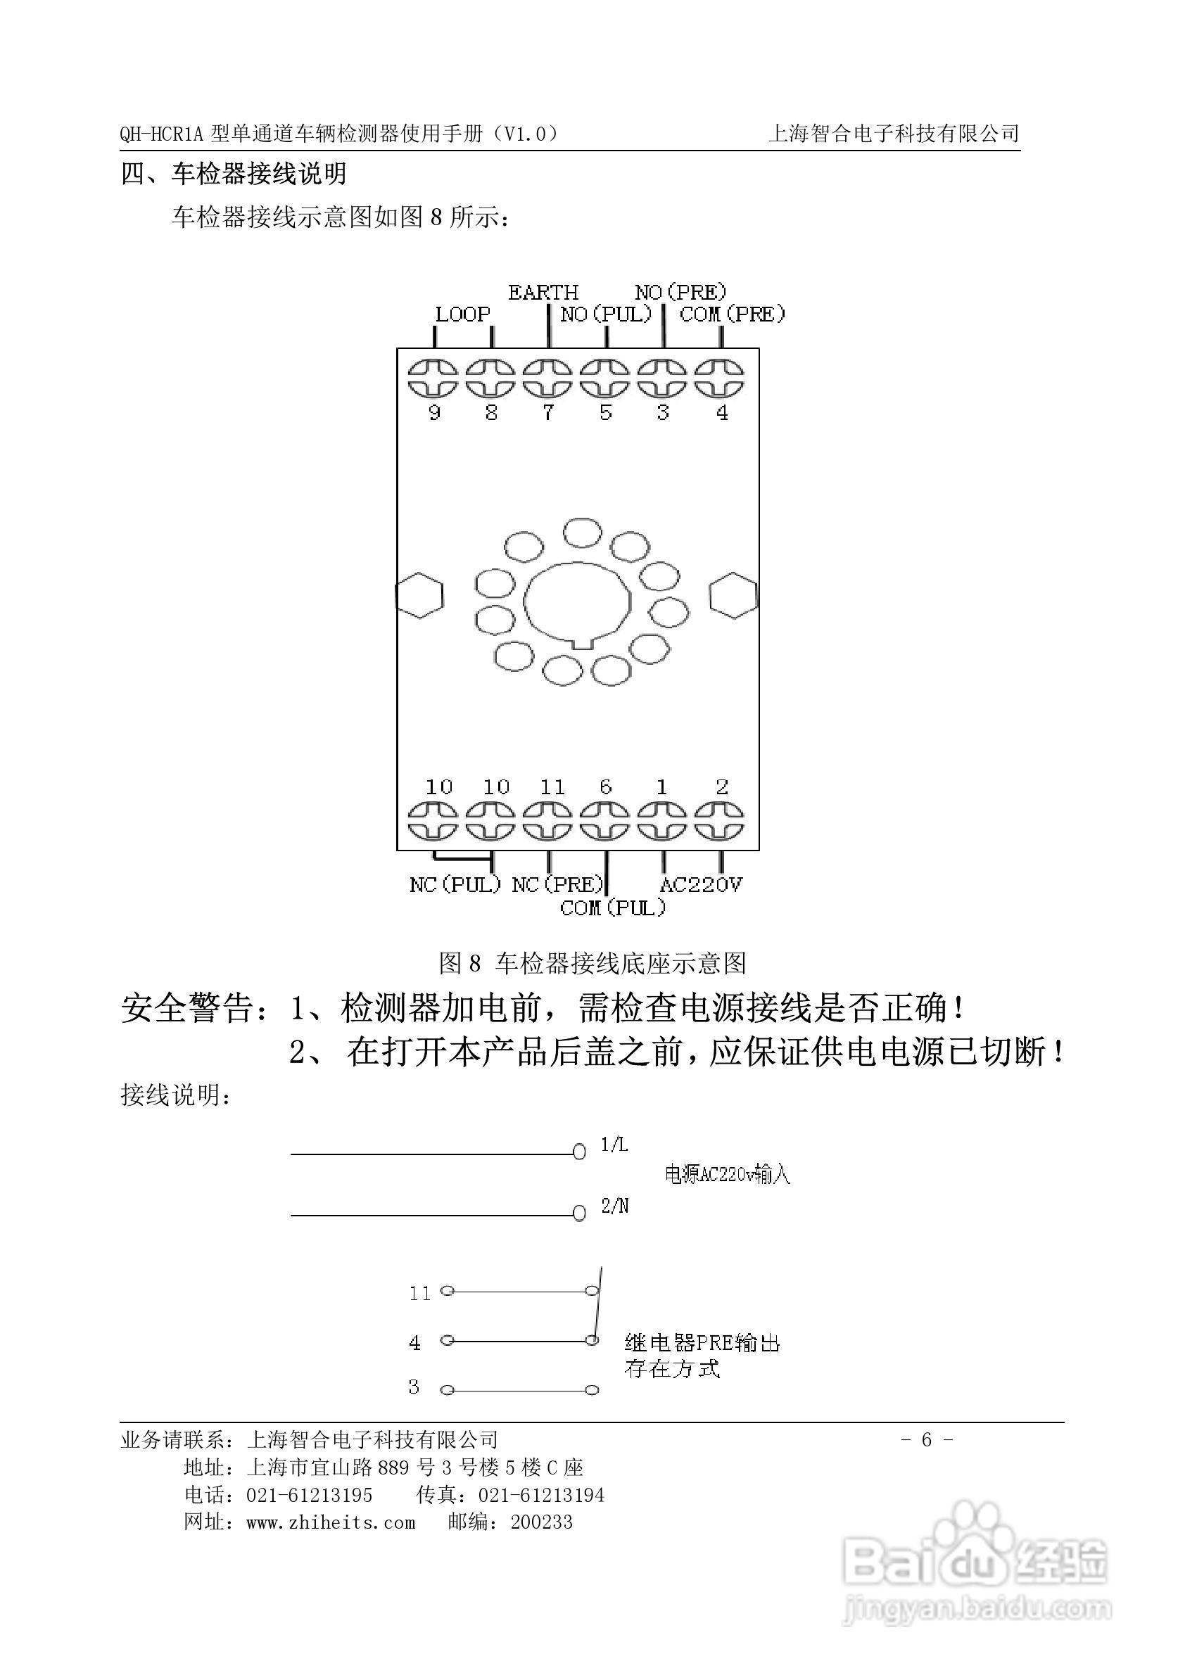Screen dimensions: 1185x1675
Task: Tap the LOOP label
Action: pos(462,314)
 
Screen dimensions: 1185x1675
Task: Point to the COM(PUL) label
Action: pos(613,907)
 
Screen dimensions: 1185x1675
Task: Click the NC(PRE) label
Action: pos(558,885)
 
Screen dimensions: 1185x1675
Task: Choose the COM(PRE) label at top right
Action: pos(732,314)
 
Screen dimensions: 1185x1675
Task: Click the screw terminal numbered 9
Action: pos(433,378)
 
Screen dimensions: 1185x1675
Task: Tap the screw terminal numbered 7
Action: pos(549,378)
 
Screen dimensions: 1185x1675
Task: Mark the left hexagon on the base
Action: pos(419,595)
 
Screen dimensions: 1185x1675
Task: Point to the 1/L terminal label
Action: pos(614,1145)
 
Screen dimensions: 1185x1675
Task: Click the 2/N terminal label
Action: pos(614,1206)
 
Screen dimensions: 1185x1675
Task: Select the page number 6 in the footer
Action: pos(927,1439)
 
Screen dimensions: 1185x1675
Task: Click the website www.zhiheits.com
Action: pos(331,1522)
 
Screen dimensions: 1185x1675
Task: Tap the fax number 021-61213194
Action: pos(540,1496)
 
